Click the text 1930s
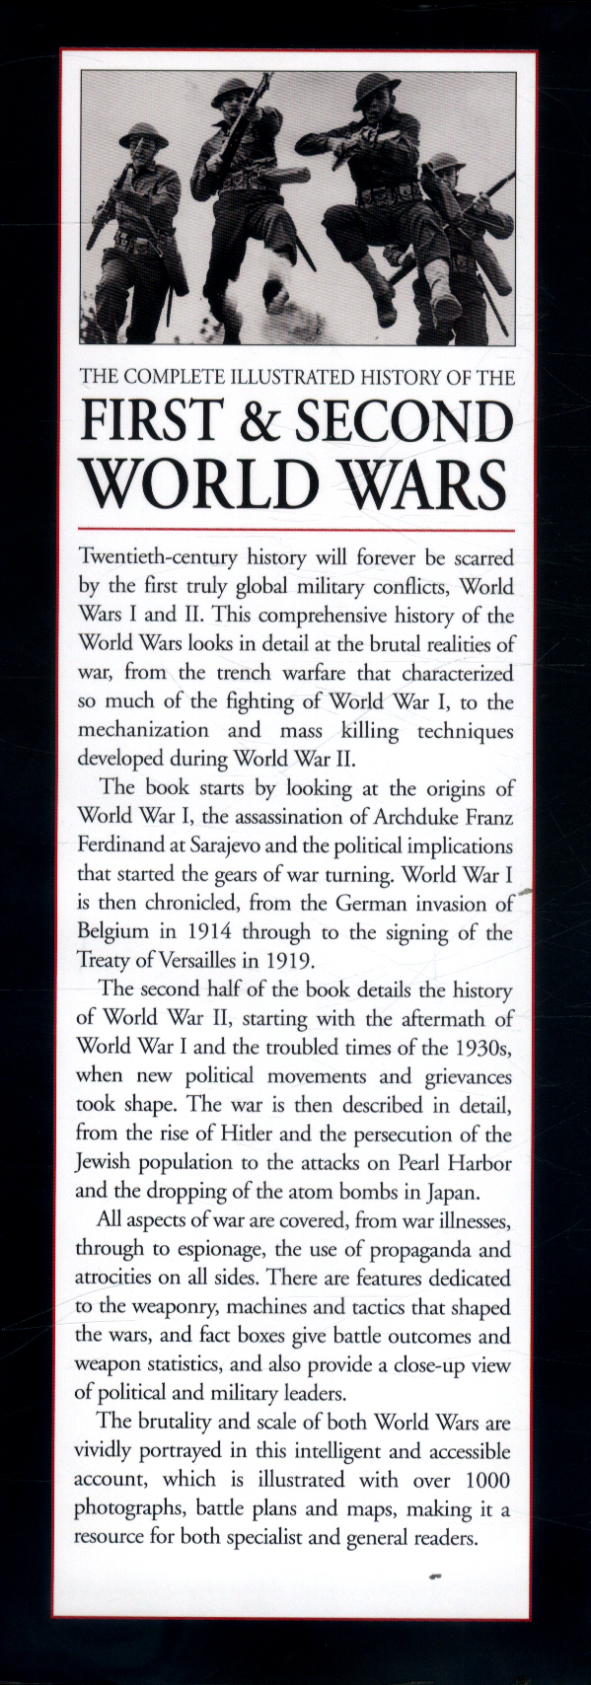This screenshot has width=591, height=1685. [482, 1045]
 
